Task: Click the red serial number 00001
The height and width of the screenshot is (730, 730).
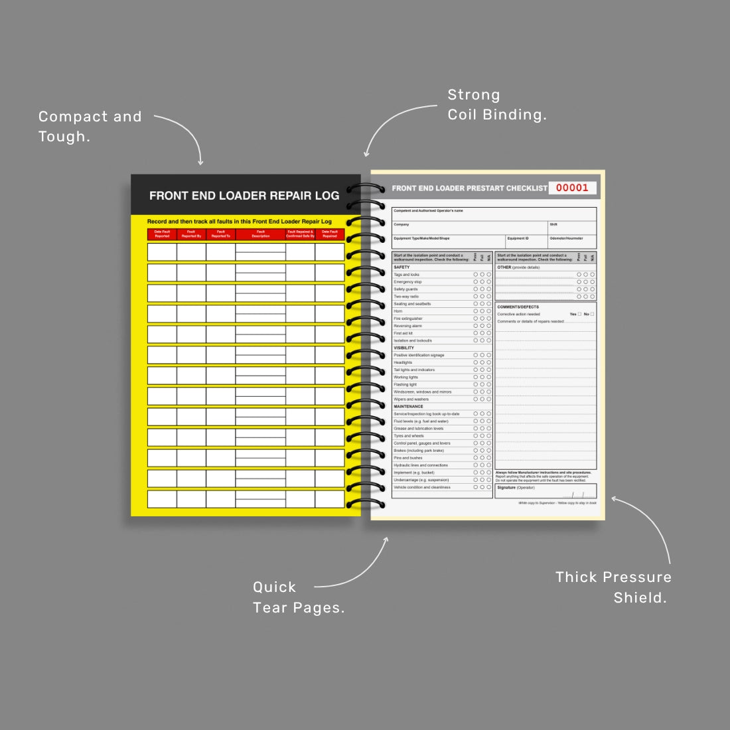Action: [572, 188]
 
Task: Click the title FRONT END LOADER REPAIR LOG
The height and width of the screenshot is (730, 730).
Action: [244, 196]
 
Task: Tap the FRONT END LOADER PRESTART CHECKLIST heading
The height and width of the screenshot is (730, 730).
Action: [469, 188]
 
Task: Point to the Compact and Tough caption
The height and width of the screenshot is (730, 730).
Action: [90, 126]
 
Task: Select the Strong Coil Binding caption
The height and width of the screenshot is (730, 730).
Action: [497, 105]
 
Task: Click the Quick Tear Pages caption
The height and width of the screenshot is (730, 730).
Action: [299, 597]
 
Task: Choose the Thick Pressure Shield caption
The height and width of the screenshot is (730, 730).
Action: [613, 587]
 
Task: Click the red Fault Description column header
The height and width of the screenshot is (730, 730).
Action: [261, 234]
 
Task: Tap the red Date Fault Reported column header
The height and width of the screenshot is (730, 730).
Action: [162, 234]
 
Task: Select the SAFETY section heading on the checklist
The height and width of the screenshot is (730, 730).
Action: [402, 267]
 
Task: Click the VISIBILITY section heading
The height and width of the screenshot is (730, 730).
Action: [403, 348]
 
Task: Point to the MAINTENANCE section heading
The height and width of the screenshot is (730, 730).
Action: [408, 406]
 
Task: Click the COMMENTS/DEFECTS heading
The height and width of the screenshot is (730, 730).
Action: [518, 307]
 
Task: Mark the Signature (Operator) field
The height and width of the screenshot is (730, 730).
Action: [516, 488]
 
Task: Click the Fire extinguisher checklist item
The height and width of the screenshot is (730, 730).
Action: [408, 319]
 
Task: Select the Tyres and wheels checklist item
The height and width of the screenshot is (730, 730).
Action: [409, 436]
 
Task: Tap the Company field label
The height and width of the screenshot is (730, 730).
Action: [402, 224]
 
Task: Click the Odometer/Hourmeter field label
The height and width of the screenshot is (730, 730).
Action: [567, 238]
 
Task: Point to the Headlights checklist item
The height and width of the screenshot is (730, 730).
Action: [403, 362]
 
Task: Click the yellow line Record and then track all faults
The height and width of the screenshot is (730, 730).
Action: [240, 222]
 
